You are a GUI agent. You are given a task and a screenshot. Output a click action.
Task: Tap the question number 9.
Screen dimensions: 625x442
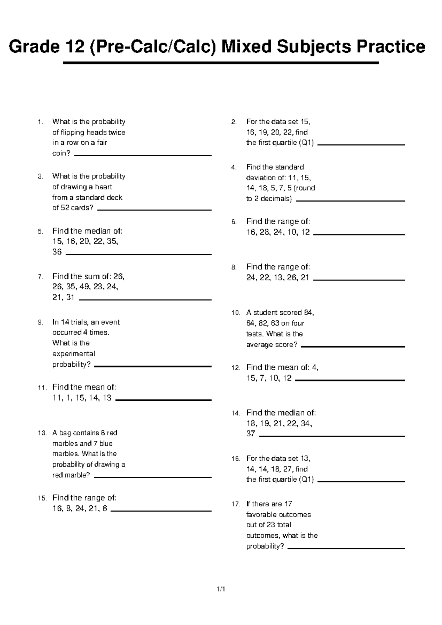pos(41,322)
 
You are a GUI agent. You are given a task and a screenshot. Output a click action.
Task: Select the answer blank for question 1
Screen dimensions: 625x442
pos(143,156)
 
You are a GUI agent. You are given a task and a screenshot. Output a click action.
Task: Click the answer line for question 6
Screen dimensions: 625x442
pos(359,234)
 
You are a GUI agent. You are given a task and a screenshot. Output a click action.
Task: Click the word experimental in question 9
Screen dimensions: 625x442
pos(74,354)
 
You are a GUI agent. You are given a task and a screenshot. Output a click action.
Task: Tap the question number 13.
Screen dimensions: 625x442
pos(42,433)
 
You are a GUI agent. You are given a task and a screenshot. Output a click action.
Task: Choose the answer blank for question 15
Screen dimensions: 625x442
pos(161,511)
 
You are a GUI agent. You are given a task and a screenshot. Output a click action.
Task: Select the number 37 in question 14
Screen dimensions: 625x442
pos(251,434)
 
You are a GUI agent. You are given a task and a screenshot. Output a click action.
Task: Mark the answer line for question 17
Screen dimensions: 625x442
pos(346,548)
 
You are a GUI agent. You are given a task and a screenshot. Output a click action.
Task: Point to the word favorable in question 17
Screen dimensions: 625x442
pos(260,514)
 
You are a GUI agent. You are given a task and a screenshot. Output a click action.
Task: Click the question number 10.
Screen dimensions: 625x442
pos(236,313)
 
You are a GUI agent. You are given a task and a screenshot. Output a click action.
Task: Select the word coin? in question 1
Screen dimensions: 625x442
pos(61,153)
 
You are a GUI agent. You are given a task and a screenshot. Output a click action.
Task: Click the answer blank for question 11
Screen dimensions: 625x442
pos(164,400)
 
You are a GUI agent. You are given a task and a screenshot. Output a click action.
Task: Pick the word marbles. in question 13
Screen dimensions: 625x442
pos(66,454)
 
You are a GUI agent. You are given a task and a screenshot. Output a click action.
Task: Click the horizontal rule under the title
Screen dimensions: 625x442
pos(221,63)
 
